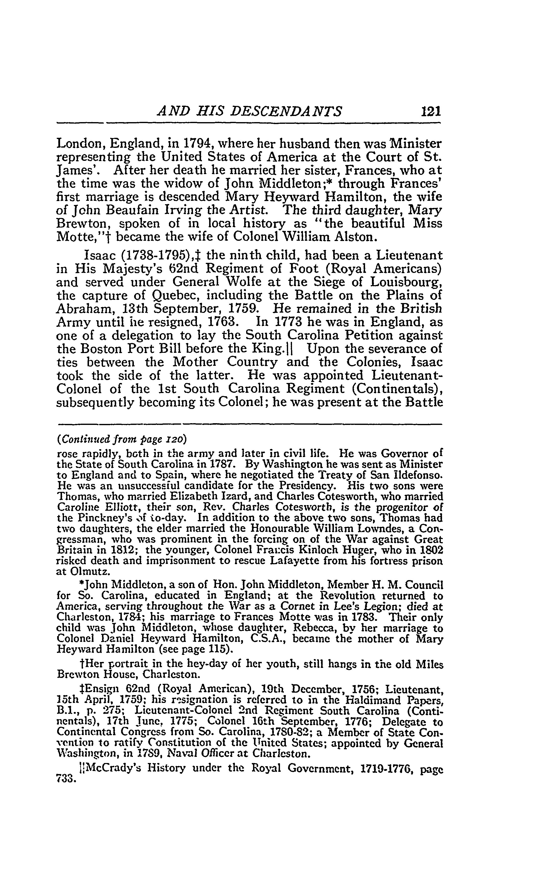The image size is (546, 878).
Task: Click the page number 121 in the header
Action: pyautogui.click(x=431, y=111)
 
